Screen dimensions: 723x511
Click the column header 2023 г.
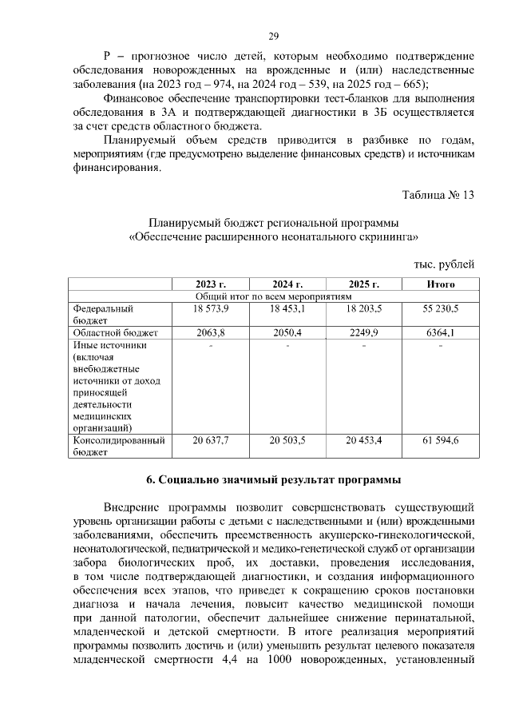(x=211, y=284)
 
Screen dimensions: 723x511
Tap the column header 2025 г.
(x=364, y=284)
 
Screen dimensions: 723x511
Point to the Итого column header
(x=441, y=284)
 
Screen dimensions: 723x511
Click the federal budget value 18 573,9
(x=211, y=308)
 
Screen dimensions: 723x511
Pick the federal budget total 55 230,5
(x=441, y=308)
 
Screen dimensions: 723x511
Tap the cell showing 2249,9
(x=364, y=332)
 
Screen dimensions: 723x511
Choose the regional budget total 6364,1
(x=441, y=332)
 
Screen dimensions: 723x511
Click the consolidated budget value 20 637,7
(x=211, y=440)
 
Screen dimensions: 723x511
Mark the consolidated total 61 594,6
(x=441, y=440)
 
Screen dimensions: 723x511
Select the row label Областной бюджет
(x=116, y=332)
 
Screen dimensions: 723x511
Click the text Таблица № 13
(x=438, y=197)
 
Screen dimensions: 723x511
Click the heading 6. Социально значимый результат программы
(x=273, y=480)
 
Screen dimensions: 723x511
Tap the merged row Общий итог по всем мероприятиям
(x=273, y=296)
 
